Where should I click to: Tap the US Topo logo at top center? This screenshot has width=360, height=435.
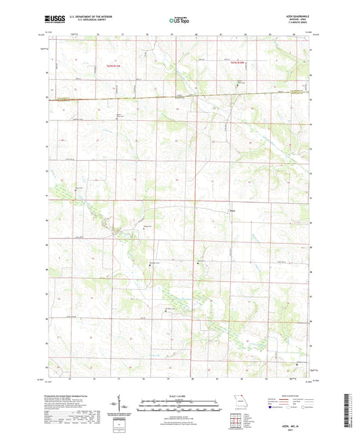[x=179, y=21]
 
